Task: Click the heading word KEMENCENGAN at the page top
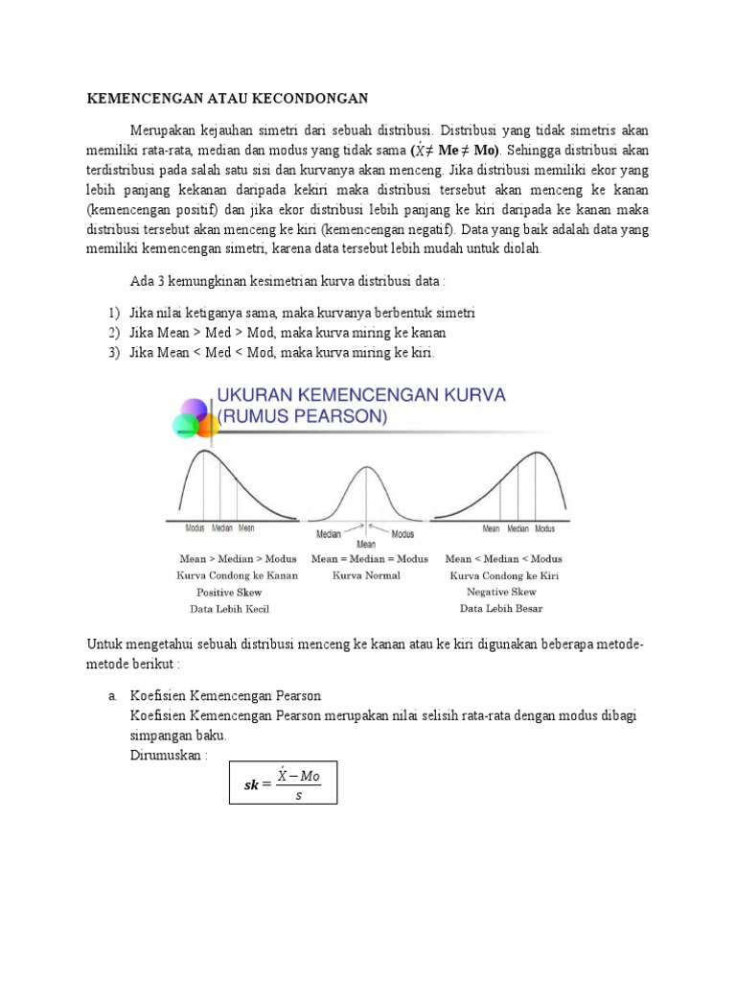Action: tap(148, 99)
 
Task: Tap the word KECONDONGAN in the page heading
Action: tap(311, 99)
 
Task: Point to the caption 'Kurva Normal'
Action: tap(366, 575)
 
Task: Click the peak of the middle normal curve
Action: tap(366, 467)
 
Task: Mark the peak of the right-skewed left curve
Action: tap(203, 450)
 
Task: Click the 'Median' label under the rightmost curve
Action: tap(518, 528)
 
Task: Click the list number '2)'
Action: tap(114, 333)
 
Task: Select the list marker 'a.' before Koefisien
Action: tap(114, 696)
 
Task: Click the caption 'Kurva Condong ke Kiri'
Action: tap(503, 575)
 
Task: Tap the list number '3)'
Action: tap(114, 352)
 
